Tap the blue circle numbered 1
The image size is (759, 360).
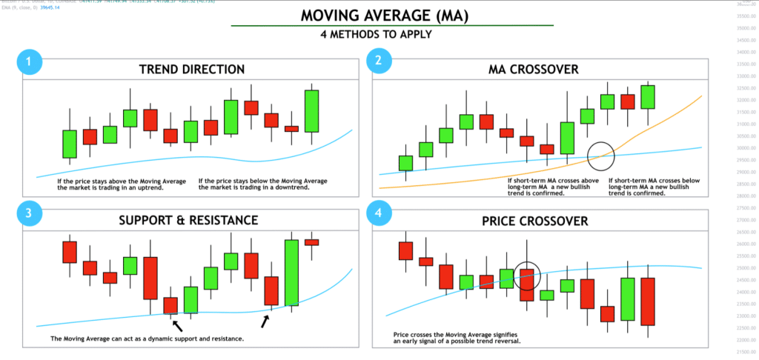pos(29,63)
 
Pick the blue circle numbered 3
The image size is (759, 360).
pos(29,213)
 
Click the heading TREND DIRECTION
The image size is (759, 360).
pos(192,70)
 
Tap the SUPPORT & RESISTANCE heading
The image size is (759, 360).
pos(192,221)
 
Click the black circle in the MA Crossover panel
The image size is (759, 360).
pos(601,155)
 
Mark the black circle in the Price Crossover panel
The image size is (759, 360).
pos(527,276)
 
